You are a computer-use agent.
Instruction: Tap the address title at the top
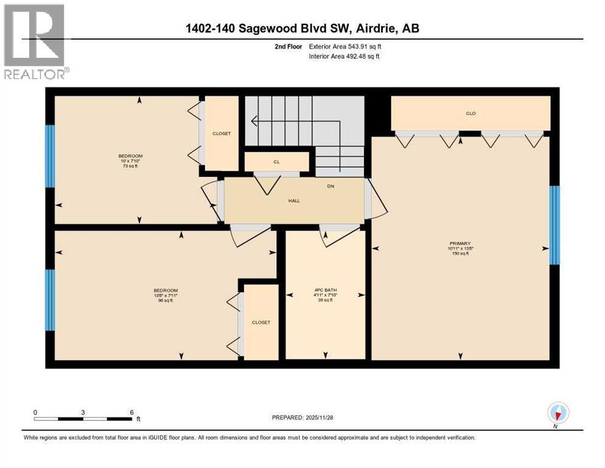302,28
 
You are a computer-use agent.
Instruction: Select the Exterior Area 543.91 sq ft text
345,46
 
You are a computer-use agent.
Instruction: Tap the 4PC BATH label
326,290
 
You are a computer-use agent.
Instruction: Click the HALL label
295,200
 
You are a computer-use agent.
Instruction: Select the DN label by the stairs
330,187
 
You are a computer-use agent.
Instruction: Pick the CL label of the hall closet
276,162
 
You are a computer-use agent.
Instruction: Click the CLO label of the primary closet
470,113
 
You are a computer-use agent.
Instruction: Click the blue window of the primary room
554,225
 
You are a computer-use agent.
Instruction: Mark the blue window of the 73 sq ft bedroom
50,156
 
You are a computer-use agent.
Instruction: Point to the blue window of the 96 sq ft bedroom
50,300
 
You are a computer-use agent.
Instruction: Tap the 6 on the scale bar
131,412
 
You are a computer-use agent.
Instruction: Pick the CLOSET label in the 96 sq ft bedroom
261,322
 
